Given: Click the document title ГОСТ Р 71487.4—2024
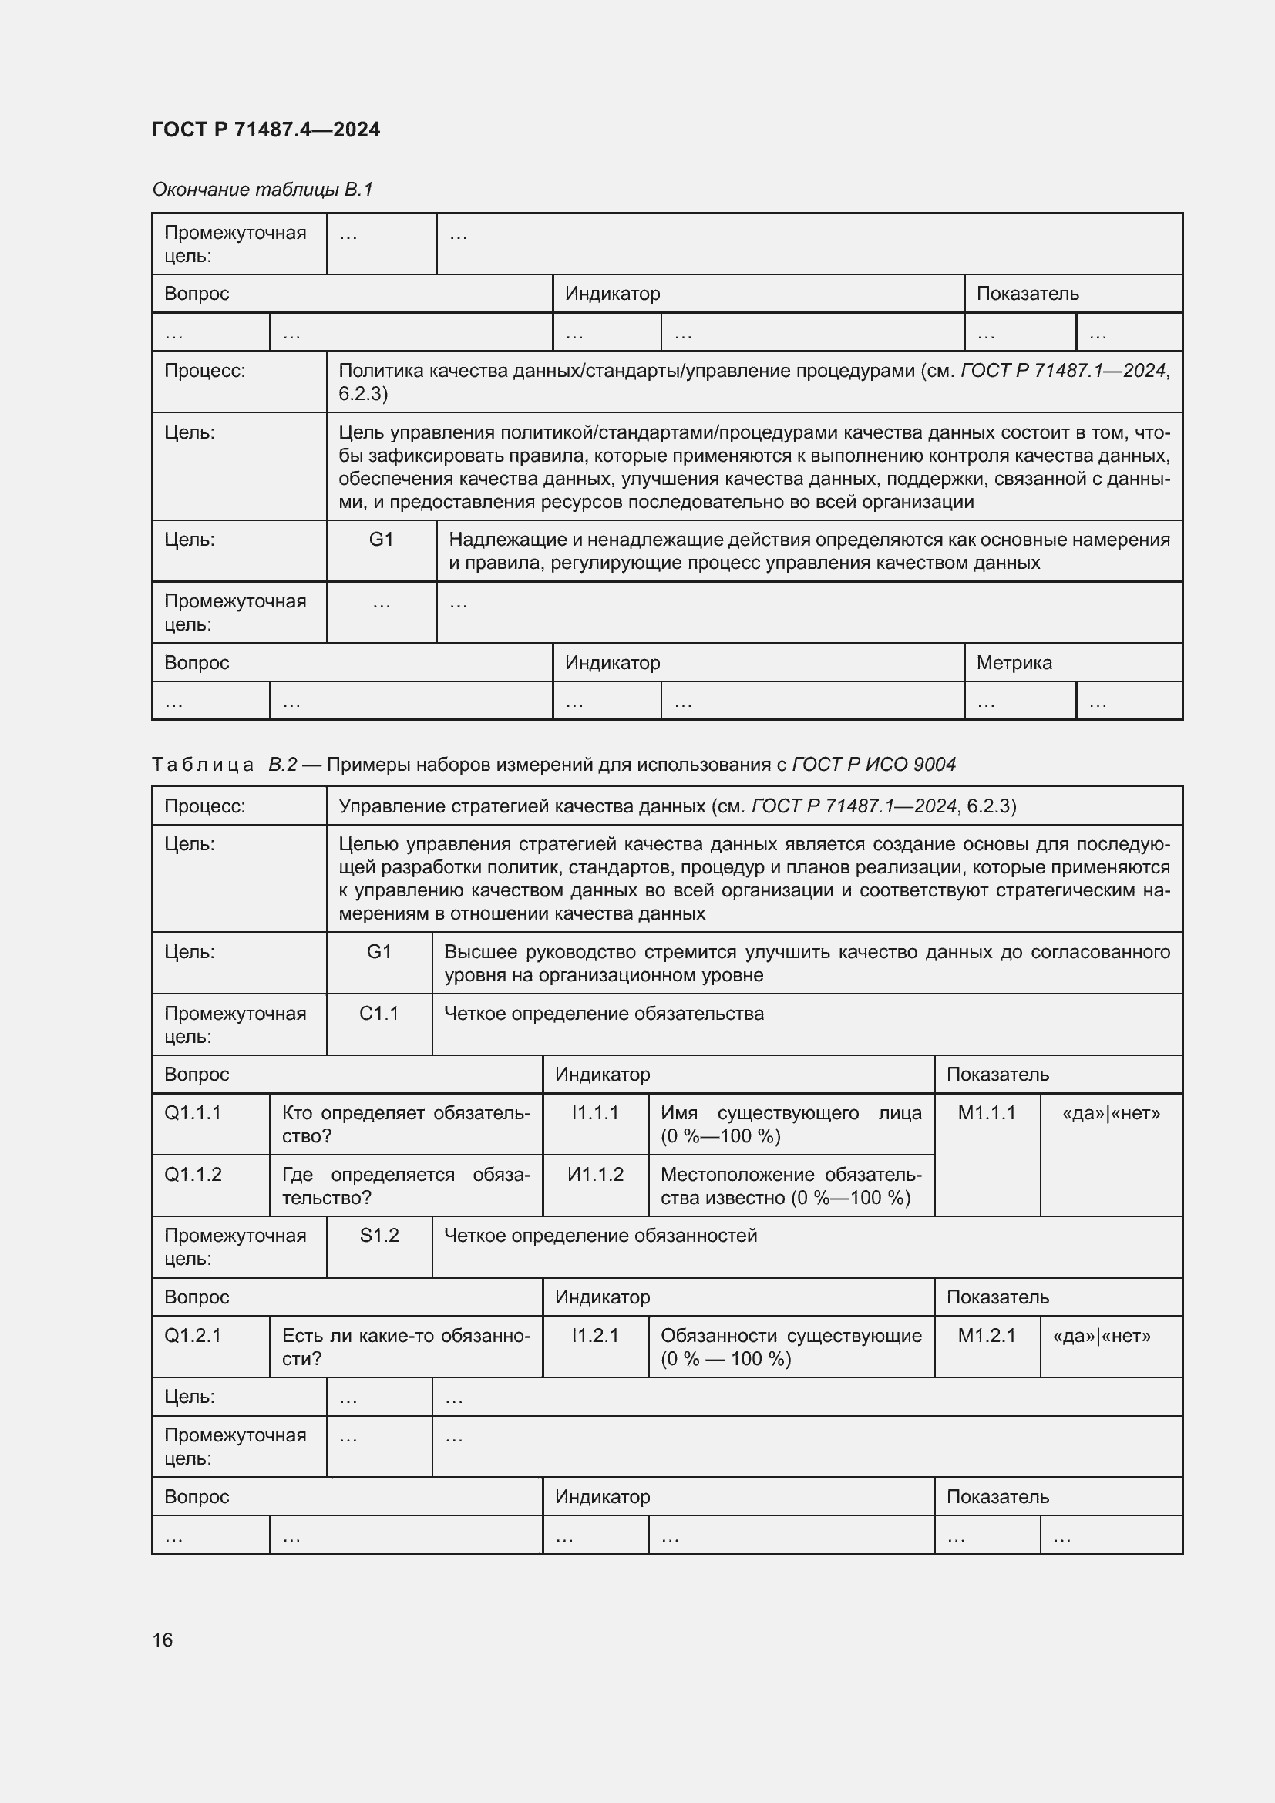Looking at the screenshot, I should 265,130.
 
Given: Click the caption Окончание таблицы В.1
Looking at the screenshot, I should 262,190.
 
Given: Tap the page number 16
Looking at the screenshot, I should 163,1640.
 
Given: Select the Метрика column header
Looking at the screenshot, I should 1014,663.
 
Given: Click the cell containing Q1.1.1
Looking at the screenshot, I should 193,1113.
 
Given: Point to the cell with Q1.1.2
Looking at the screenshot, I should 193,1175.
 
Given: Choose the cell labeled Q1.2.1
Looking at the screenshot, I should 193,1336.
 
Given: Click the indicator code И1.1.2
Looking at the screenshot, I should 595,1175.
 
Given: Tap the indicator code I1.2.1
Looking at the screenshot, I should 595,1336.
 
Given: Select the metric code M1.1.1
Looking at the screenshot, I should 986,1113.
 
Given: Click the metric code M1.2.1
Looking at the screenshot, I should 986,1336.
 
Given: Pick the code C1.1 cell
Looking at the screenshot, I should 378,1014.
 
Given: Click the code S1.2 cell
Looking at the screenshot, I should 378,1236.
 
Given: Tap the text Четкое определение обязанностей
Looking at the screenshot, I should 600,1236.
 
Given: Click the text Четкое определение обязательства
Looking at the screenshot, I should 603,1014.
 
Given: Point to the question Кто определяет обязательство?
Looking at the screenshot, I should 405,1124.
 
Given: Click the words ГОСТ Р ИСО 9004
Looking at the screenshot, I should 873,765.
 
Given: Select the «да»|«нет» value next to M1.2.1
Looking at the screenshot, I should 1101,1336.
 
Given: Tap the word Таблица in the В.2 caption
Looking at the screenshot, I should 202,765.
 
